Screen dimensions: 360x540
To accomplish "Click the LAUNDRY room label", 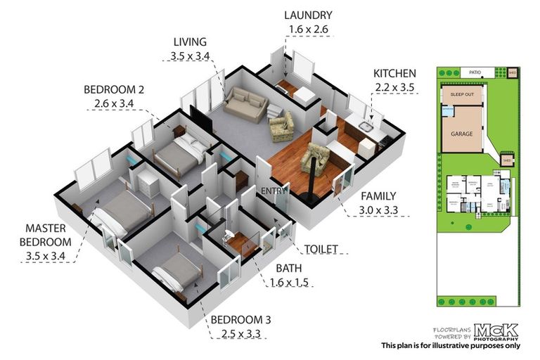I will (309, 15).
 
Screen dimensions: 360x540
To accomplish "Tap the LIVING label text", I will (190, 41).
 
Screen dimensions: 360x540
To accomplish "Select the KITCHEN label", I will (394, 73).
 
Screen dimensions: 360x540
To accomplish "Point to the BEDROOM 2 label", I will (114, 89).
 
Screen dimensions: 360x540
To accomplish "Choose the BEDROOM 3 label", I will (241, 319).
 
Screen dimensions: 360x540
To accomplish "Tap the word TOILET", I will (322, 249).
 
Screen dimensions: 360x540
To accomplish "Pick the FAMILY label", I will (378, 196).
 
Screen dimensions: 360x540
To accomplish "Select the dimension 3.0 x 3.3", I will (378, 210).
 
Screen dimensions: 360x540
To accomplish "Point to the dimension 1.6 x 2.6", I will (309, 30).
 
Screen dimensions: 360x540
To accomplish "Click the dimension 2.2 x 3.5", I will (394, 87).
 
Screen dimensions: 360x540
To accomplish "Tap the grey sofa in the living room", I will (246, 105).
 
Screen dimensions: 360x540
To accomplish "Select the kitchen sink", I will (365, 127).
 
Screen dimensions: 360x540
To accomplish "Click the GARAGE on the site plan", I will (462, 133).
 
